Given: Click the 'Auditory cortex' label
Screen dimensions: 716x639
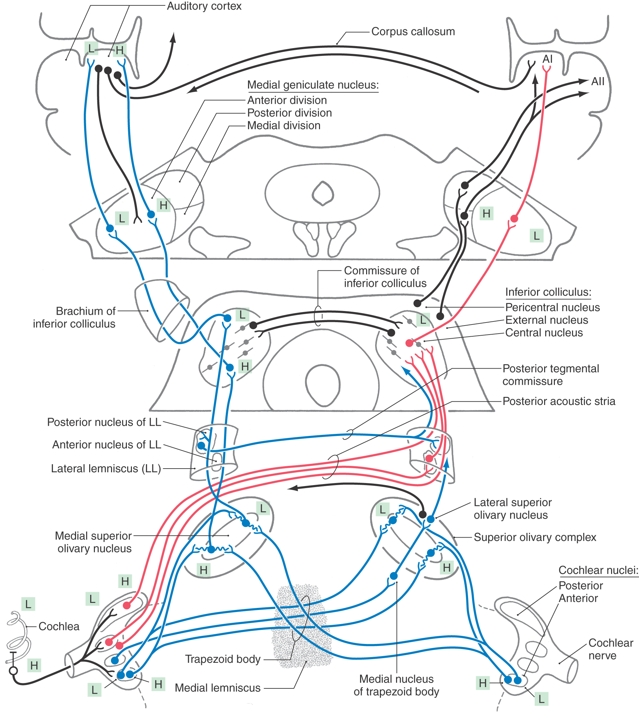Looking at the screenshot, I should tap(204, 6).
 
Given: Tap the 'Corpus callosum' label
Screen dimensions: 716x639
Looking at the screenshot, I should tap(413, 32).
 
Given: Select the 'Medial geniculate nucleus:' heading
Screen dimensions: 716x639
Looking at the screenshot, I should tap(313, 85).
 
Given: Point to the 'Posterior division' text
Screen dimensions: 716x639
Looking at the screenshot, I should tap(289, 113).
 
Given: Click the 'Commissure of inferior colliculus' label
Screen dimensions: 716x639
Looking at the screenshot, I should tap(385, 277).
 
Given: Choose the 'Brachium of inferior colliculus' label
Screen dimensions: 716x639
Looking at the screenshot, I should tap(74, 317).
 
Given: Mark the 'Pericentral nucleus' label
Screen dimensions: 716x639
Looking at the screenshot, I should tap(552, 308).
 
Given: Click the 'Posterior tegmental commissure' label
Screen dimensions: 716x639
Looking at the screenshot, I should tap(551, 375).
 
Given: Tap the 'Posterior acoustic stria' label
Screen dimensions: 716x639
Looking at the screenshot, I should tap(559, 401).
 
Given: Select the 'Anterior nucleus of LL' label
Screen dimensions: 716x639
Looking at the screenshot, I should tap(107, 445).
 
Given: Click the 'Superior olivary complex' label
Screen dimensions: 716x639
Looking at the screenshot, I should tap(535, 537).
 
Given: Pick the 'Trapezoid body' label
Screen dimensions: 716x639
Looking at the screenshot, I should tap(223, 659).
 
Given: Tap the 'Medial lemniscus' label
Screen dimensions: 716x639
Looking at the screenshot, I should tap(218, 688).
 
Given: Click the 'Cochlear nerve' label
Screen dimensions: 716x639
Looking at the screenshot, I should tap(610, 649).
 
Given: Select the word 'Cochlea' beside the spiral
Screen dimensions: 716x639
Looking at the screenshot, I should tap(59, 626).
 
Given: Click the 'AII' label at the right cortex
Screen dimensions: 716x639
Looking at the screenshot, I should tap(598, 81).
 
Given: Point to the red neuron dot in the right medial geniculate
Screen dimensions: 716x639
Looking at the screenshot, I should tap(514, 219).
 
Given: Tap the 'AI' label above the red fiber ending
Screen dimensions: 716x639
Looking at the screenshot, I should tap(547, 59).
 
